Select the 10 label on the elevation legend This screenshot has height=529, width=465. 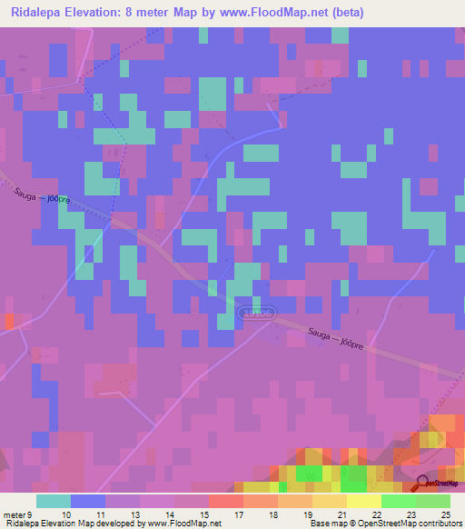65,514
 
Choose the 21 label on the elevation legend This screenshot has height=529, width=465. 341,514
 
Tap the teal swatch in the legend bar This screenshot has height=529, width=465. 53,501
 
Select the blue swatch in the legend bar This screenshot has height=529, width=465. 87,501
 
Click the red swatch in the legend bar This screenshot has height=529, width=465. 225,501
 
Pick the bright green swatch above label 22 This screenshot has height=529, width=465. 398,501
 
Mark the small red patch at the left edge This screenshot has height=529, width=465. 8,321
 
